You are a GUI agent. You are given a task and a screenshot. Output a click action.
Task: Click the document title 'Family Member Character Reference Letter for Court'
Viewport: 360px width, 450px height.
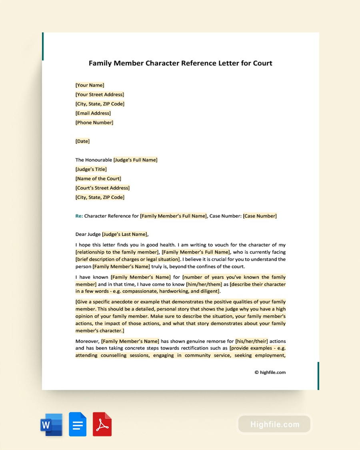pyautogui.click(x=180, y=63)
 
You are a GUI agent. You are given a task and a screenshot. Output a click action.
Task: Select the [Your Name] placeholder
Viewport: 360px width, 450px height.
pyautogui.click(x=90, y=85)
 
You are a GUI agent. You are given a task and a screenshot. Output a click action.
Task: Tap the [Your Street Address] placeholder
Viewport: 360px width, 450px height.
pyautogui.click(x=100, y=94)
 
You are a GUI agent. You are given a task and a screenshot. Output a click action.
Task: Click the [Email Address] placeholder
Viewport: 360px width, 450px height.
pyautogui.click(x=93, y=113)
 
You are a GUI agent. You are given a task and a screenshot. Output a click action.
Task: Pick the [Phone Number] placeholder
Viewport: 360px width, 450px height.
pyautogui.click(x=94, y=122)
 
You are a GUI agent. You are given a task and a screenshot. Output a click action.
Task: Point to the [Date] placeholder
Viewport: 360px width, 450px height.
pyautogui.click(x=82, y=141)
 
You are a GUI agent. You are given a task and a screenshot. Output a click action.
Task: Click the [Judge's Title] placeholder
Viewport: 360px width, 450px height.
pyautogui.click(x=91, y=169)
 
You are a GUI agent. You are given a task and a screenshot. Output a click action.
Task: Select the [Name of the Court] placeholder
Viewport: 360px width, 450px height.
pyautogui.click(x=98, y=178)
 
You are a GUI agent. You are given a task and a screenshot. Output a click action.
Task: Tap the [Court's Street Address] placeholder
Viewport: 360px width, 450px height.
pyautogui.click(x=102, y=188)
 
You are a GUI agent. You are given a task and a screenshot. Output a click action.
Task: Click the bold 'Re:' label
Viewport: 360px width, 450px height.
pyautogui.click(x=79, y=216)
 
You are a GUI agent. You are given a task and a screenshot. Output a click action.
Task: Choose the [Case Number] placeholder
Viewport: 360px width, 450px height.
pyautogui.click(x=260, y=216)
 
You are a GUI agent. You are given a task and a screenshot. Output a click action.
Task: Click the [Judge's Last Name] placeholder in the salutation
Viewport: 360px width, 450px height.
pyautogui.click(x=125, y=234)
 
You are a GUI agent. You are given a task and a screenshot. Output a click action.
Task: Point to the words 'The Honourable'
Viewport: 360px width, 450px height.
pyautogui.click(x=94, y=160)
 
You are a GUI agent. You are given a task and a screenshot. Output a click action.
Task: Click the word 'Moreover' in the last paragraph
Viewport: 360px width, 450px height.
pyautogui.click(x=87, y=341)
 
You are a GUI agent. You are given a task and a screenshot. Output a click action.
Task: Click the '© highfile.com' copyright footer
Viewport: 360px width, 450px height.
pyautogui.click(x=270, y=372)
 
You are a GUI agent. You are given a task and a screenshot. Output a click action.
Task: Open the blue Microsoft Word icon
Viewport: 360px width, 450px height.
pyautogui.click(x=51, y=424)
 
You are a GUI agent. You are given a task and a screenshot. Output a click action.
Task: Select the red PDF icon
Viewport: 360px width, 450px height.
pyautogui.click(x=102, y=424)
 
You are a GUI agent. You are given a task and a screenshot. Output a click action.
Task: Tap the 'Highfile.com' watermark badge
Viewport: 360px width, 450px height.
pyautogui.click(x=274, y=424)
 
